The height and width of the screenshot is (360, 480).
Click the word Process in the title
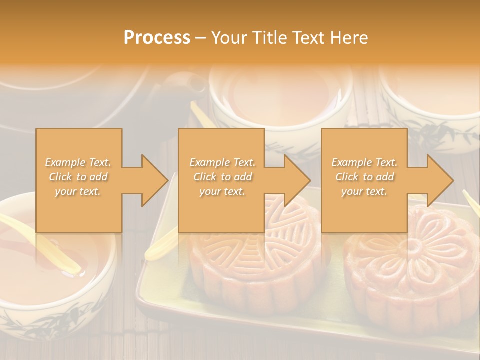(157, 38)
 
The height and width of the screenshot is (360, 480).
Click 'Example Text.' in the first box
(78, 162)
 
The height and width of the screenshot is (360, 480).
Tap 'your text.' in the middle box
(222, 191)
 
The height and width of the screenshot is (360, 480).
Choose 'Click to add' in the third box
(364, 177)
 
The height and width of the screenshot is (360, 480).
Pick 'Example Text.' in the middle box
(222, 162)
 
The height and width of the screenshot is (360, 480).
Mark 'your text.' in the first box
(78, 191)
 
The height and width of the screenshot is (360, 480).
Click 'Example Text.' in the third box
(364, 162)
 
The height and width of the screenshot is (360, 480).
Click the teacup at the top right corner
(435, 100)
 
